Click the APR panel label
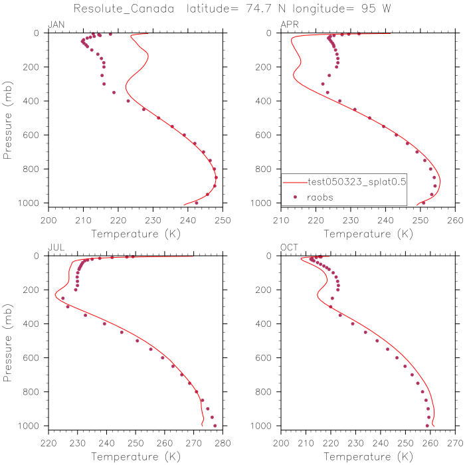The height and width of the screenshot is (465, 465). click(290, 25)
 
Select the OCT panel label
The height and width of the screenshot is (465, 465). click(290, 248)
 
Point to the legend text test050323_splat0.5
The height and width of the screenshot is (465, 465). click(357, 181)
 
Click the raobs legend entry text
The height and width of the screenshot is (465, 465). click(321, 197)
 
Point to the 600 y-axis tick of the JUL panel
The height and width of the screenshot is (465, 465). click(35, 357)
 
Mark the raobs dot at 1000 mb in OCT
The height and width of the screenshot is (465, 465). click(427, 426)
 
